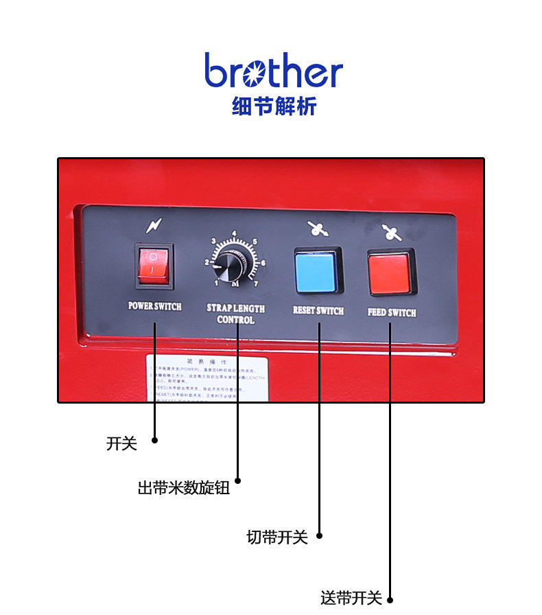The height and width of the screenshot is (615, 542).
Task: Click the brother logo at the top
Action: click(x=273, y=70)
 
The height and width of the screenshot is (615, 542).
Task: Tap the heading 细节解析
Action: click(x=274, y=107)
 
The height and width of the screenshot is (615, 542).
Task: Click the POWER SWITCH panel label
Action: click(x=155, y=306)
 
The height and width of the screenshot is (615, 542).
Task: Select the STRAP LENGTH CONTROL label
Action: click(x=236, y=314)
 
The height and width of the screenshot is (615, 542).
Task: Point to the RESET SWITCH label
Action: click(x=318, y=310)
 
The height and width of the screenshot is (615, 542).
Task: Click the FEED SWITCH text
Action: click(x=392, y=312)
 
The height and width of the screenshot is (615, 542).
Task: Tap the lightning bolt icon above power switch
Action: click(x=154, y=226)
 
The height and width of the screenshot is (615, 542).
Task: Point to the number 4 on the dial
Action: click(x=235, y=233)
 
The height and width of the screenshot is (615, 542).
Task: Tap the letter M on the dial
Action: click(x=235, y=284)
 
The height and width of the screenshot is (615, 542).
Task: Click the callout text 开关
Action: click(x=121, y=444)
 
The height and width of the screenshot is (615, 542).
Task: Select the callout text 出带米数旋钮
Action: click(x=183, y=489)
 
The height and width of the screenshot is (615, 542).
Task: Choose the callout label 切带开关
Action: click(x=277, y=537)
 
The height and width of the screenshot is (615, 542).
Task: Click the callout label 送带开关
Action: click(x=351, y=598)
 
